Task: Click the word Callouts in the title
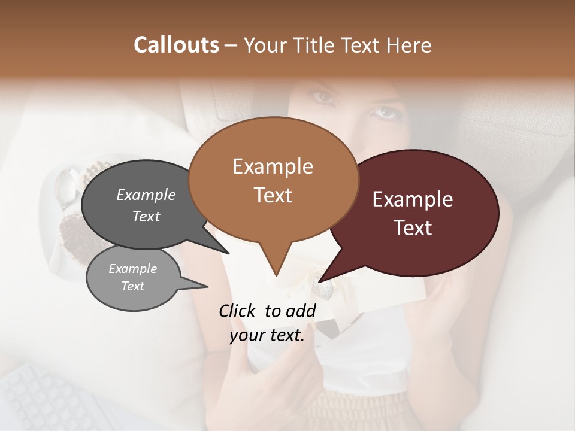click(x=176, y=45)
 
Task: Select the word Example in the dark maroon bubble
click(x=413, y=199)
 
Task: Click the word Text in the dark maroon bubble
click(x=413, y=227)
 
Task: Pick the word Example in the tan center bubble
click(x=273, y=166)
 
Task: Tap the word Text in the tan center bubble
click(x=273, y=195)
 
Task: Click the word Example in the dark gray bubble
click(x=146, y=195)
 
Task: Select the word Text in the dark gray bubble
click(x=146, y=216)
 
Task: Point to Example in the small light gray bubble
click(x=132, y=269)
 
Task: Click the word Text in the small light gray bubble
click(x=132, y=286)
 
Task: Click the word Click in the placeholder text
click(x=239, y=311)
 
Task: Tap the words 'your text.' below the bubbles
click(x=267, y=335)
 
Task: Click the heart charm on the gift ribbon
click(x=324, y=290)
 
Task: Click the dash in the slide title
click(x=231, y=45)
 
